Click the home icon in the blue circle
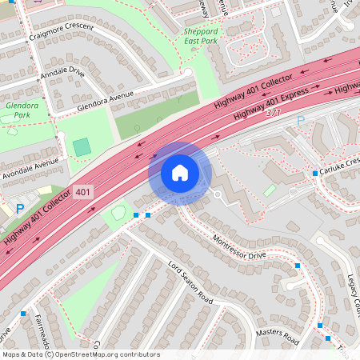(x=180, y=173)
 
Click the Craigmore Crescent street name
(x=61, y=33)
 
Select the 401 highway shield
(x=82, y=192)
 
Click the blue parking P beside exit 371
(x=301, y=121)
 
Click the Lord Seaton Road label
(x=190, y=282)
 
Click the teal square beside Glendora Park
(x=82, y=147)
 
